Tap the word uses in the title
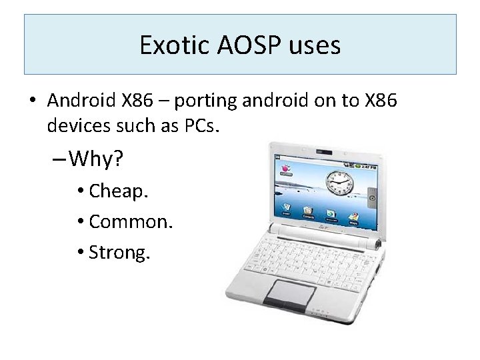(x=315, y=45)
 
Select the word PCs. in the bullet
(x=195, y=125)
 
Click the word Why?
(x=97, y=159)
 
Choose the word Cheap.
(x=119, y=191)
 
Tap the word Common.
(x=131, y=221)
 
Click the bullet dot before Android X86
(x=31, y=101)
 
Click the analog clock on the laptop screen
(x=340, y=181)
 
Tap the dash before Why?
(x=58, y=160)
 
